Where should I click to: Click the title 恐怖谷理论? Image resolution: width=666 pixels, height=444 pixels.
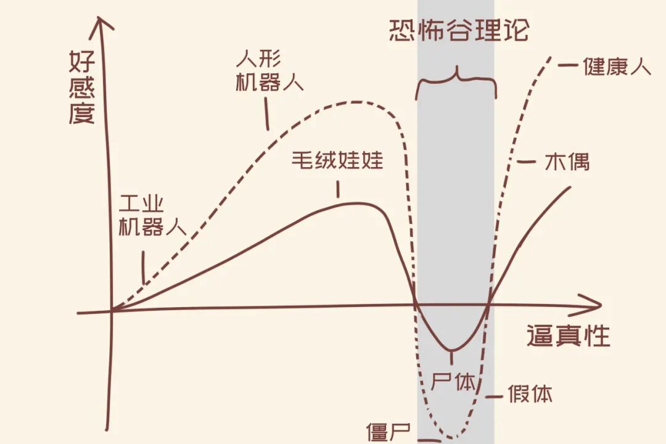coord(459,30)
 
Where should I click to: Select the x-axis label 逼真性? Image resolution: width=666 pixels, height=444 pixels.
coord(568,336)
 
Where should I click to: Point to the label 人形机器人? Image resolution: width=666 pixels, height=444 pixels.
coord(269,72)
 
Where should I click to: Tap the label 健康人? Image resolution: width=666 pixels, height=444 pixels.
coord(617,66)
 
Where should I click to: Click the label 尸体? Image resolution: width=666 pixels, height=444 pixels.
coord(454,382)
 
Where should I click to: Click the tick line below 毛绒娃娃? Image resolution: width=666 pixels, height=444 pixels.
coord(338,189)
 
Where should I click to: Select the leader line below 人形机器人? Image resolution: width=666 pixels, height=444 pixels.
coord(268,115)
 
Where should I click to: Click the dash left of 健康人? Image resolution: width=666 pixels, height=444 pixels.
coord(568,64)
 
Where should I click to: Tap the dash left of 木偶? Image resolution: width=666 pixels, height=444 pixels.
coord(526,162)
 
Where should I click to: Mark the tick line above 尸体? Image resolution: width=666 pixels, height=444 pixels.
coord(453,358)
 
